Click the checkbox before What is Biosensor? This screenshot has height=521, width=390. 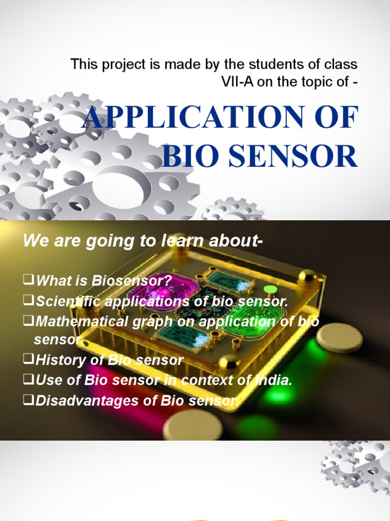pyautogui.click(x=29, y=280)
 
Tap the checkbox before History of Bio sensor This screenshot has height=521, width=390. pyautogui.click(x=29, y=360)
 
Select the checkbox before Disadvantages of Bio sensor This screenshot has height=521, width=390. pyautogui.click(x=29, y=400)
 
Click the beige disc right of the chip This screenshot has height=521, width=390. pyautogui.click(x=339, y=337)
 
